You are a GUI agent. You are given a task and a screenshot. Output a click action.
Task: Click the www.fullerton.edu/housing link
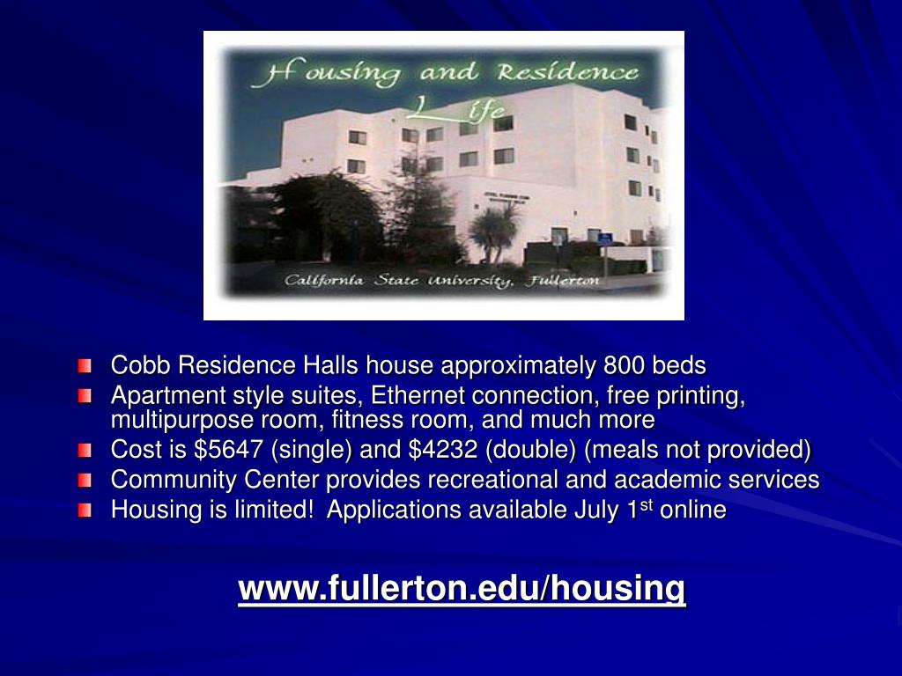pos(462,588)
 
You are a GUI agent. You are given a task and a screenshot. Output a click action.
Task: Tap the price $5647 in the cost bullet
pos(229,449)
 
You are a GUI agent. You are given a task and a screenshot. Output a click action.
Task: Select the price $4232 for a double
pos(443,449)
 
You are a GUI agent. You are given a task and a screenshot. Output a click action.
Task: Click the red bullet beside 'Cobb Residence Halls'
pos(85,365)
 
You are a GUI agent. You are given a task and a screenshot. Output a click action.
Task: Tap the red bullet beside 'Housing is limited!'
pos(85,510)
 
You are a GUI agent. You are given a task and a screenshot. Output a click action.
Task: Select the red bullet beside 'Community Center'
pos(85,480)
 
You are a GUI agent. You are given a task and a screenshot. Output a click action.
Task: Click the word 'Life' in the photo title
pos(459,108)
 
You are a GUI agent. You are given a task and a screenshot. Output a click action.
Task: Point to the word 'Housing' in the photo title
pos(326,72)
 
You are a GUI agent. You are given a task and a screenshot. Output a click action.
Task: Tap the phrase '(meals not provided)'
pos(698,450)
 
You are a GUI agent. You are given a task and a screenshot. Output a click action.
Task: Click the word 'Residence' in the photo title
pos(568,72)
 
